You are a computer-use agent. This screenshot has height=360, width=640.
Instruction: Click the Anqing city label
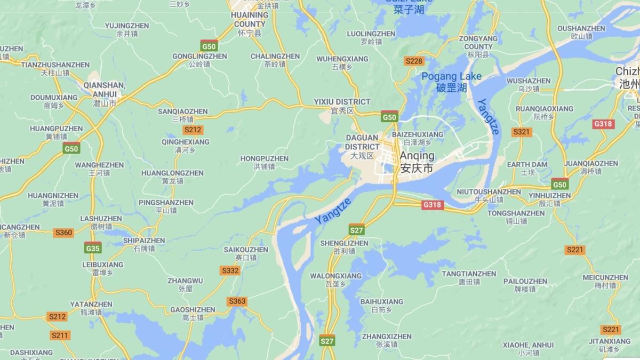(x=417, y=162)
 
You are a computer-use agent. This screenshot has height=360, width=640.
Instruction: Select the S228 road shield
(x=414, y=61)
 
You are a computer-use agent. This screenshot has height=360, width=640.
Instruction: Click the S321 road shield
(x=521, y=132)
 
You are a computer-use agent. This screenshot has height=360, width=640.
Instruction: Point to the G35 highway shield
(x=92, y=248)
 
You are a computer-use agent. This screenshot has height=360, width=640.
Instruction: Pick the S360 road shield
(x=63, y=233)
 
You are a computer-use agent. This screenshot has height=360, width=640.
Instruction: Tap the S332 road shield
(x=230, y=270)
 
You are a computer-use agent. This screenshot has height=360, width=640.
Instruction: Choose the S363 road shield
(x=237, y=301)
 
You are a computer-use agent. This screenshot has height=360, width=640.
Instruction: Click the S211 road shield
(x=60, y=335)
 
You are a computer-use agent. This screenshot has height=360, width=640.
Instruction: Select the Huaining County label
(x=250, y=23)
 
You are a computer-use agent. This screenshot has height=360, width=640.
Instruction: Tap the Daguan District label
(x=362, y=146)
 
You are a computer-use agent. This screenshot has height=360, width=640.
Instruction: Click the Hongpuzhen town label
(x=264, y=162)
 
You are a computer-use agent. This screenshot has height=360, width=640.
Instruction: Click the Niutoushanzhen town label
(x=489, y=195)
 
